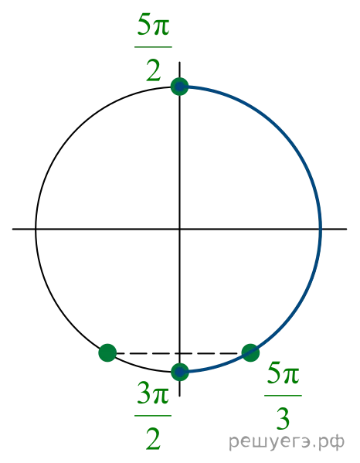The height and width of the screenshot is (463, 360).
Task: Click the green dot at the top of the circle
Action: [179, 87]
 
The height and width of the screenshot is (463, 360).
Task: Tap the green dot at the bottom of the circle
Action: [180, 372]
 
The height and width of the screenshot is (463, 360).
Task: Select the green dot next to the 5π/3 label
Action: [250, 352]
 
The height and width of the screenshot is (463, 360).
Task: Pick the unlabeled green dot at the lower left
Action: [107, 352]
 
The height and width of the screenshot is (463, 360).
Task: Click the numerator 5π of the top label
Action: [153, 27]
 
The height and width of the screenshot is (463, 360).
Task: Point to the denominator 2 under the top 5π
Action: [154, 71]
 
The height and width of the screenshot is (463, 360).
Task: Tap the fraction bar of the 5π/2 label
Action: [153, 46]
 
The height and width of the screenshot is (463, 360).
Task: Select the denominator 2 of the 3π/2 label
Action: [154, 440]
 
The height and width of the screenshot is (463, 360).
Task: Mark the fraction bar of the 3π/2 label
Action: [153, 415]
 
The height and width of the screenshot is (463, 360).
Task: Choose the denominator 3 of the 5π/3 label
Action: [283, 419]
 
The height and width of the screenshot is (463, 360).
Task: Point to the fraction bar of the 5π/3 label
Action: [283, 395]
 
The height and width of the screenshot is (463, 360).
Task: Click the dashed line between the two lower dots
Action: [179, 353]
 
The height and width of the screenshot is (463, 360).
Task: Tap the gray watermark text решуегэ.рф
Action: [287, 442]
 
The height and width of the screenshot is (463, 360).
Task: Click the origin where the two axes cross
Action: [180, 229]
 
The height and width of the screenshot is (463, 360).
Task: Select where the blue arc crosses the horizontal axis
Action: [321, 229]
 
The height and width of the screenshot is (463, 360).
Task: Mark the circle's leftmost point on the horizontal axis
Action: [36, 229]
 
